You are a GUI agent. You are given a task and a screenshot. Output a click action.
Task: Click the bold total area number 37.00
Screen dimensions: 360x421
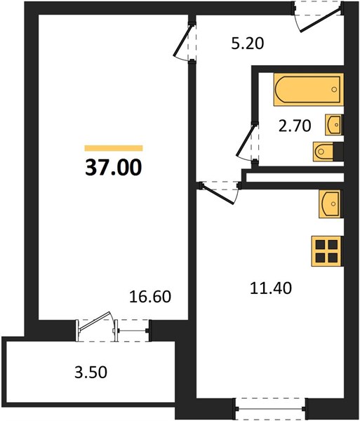click(113, 167)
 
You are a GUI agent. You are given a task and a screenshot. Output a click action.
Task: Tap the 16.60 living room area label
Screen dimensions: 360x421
click(150, 296)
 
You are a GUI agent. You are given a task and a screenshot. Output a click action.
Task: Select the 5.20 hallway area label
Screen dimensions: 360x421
click(248, 44)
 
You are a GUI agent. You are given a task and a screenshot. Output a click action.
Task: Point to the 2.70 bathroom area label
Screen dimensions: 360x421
click(295, 126)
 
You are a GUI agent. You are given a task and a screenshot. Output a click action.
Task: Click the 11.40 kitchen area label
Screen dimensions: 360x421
click(271, 288)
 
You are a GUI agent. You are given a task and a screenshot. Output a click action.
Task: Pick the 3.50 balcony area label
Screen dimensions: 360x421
click(91, 372)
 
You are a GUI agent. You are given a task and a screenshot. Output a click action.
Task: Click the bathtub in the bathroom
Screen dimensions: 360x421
click(309, 89)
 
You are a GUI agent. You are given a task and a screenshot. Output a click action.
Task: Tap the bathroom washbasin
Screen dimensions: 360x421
click(334, 124)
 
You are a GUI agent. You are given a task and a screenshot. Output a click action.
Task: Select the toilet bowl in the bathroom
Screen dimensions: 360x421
click(324, 152)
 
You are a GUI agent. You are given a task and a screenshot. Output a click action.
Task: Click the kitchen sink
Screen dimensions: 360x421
click(331, 203)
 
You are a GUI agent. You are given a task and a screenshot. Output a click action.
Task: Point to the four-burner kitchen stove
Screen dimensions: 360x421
click(327, 251)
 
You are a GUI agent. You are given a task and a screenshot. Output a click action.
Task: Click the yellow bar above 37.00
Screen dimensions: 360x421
click(114, 148)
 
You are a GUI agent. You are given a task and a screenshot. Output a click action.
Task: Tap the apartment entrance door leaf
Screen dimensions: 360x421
click(321, 21)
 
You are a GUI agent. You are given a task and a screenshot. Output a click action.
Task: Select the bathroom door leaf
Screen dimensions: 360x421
click(245, 140)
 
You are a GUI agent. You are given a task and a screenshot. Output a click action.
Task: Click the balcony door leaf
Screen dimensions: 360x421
click(95, 321)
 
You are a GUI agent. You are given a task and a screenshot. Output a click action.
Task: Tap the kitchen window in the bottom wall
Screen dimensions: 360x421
click(271, 408)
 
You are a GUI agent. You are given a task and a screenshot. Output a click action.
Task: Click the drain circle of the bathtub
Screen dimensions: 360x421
click(334, 89)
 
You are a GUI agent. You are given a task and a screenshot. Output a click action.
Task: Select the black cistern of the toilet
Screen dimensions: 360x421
click(338, 152)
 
